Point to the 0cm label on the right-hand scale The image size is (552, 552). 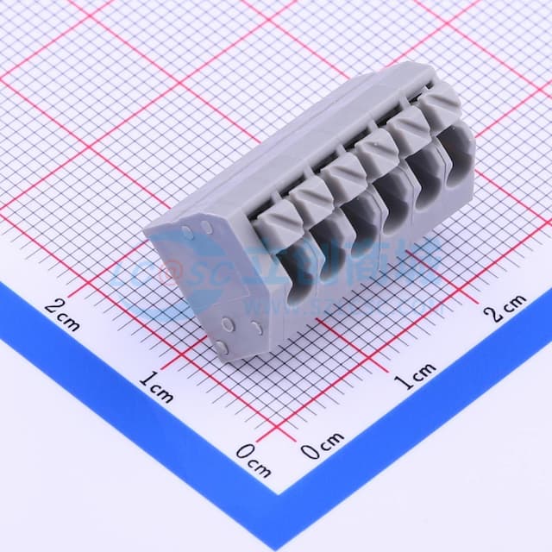[322, 446]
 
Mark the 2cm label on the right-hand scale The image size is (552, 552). [505, 308]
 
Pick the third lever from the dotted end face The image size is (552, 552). [344, 166]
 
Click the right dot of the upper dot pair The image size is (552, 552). [207, 227]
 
